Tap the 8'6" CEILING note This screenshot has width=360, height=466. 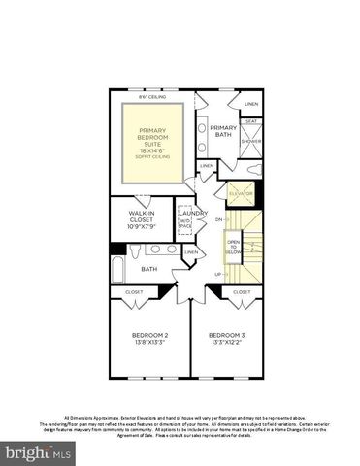[x=151, y=97]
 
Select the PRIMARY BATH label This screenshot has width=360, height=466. [x=223, y=131]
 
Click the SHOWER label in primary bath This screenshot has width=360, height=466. [x=251, y=141]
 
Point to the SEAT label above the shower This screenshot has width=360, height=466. [x=251, y=121]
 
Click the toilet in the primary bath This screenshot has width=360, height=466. [x=253, y=170]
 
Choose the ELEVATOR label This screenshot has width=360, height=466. [x=240, y=194]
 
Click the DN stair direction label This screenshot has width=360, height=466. [x=218, y=220]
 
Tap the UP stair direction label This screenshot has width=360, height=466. [x=216, y=274]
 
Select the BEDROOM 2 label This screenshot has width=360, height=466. [x=150, y=339]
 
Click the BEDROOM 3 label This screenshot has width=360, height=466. [x=227, y=339]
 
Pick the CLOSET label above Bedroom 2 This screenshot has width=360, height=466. [x=133, y=291]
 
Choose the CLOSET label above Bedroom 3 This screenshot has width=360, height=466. [x=242, y=291]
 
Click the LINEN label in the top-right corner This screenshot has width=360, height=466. [x=251, y=104]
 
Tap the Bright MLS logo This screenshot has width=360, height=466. [x=39, y=452]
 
